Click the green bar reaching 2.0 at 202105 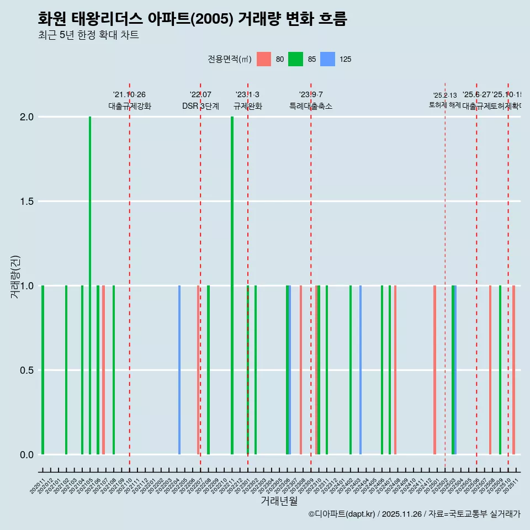90,285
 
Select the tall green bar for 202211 232,285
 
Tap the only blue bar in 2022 179,370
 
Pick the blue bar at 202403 361,370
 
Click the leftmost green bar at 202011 43,370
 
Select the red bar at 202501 434,370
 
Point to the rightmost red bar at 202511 513,370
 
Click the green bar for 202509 500,370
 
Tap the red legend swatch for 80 264,59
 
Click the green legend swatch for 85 296,59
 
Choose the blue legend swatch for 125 328,59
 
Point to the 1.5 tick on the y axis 26,202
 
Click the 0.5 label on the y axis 26,370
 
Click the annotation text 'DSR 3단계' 200,106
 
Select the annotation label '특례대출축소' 311,106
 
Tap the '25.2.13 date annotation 444,96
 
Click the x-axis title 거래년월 279,501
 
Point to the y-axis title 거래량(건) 15,276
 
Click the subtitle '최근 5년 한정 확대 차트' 88,35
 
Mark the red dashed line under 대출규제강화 130,276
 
